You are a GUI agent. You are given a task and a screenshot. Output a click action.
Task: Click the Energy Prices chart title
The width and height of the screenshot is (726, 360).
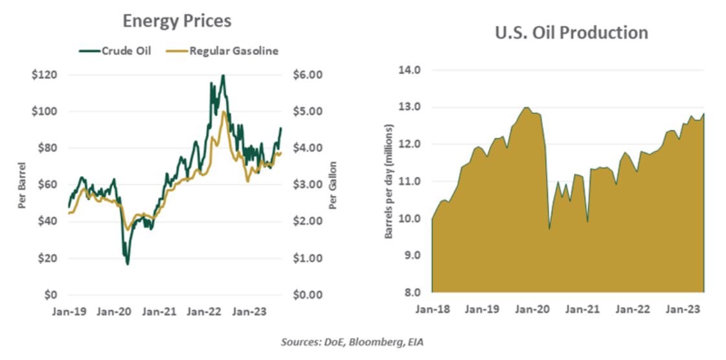pyautogui.click(x=176, y=21)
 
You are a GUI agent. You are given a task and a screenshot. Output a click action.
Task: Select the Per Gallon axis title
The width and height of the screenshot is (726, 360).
pyautogui.click(x=332, y=185)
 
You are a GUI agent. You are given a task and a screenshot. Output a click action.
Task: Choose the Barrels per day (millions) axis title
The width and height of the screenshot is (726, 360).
pyautogui.click(x=389, y=181)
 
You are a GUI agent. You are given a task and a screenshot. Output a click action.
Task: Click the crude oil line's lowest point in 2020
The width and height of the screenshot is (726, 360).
pyautogui.click(x=128, y=264)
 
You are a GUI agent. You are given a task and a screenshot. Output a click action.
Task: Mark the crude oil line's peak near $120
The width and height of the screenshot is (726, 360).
pyautogui.click(x=223, y=76)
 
